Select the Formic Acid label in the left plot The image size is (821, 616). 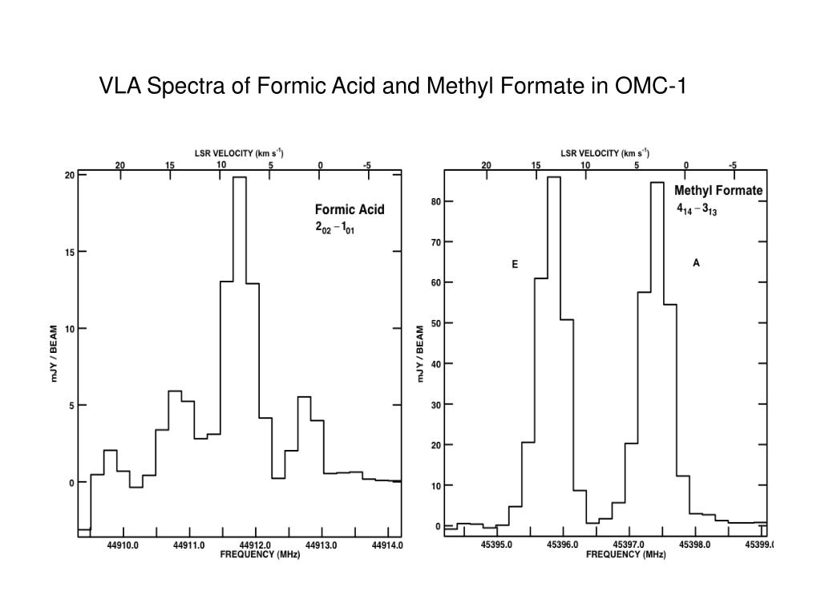click(349, 210)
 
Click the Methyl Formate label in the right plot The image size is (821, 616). click(718, 191)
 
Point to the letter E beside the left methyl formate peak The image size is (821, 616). click(515, 264)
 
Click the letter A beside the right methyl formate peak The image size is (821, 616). click(696, 263)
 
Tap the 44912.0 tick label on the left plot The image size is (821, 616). click(255, 545)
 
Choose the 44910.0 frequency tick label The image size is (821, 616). click(123, 545)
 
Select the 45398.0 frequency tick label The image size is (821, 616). click(695, 545)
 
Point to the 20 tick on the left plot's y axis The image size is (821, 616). click(70, 175)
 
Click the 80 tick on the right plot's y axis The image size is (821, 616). click(436, 202)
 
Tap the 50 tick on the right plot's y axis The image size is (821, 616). click(436, 323)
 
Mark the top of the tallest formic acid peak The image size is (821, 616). click(239, 177)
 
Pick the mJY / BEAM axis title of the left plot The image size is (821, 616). click(55, 354)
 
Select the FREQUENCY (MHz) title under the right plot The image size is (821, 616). click(619, 555)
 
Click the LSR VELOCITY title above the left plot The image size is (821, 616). click(240, 152)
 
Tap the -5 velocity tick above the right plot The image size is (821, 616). click(733, 165)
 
